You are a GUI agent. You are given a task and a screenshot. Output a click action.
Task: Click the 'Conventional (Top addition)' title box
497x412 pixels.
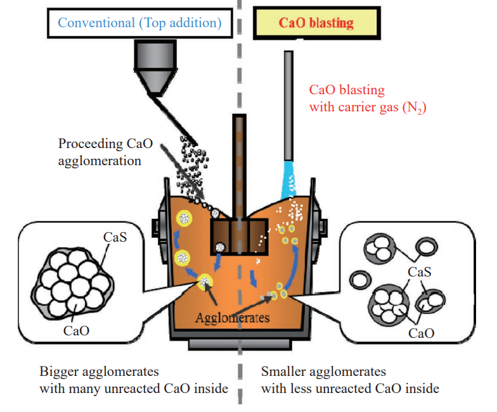point(139,24)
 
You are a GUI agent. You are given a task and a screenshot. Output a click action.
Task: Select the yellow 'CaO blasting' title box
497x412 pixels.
point(316,24)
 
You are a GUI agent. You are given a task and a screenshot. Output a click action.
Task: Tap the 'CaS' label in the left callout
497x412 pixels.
point(116,238)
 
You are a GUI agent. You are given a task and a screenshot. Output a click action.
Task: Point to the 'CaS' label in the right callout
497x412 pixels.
point(420,272)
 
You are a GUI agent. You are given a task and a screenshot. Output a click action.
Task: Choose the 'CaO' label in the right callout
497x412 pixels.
point(421,331)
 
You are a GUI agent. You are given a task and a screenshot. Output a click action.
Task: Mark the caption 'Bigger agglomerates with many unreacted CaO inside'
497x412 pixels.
point(133,379)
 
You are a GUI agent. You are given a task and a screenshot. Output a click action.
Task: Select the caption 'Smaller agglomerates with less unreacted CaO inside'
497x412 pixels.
point(350,379)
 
